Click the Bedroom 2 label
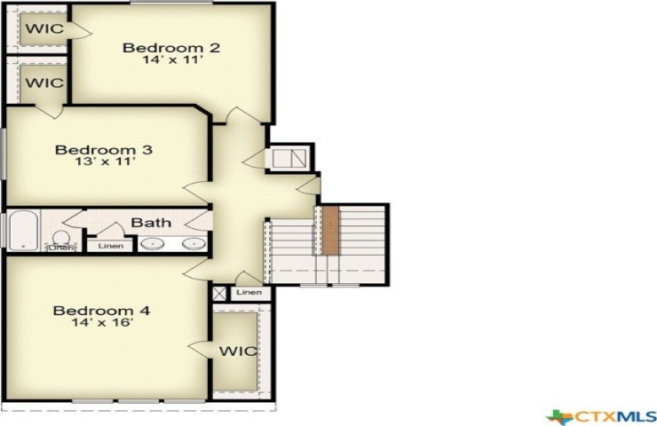pos(171,47)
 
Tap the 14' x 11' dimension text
pos(172,59)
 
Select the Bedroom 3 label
pos(104,149)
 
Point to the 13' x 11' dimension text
pos(105,162)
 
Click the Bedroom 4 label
pos(101,311)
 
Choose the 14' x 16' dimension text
pos(102,322)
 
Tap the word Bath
pos(151,223)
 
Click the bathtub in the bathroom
pos(23,231)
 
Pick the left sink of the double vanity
pos(152,243)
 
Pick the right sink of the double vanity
pos(194,243)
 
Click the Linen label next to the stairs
pos(249,292)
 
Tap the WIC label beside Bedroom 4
pos(239,351)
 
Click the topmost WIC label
pos(44,28)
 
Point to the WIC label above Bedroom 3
pos(44,83)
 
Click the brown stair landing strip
pos(330,230)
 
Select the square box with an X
pos(219,293)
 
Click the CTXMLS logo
pos(602,416)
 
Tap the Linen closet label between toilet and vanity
pos(111,246)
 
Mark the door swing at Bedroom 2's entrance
pos(239,115)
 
